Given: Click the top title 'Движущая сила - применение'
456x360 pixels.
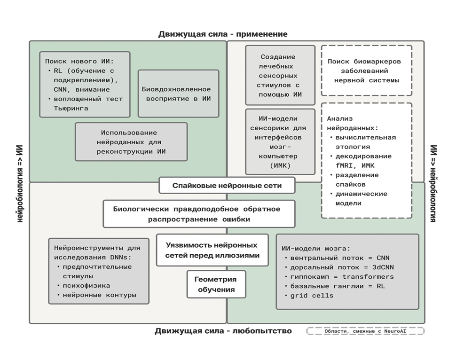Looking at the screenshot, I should click(x=222, y=34).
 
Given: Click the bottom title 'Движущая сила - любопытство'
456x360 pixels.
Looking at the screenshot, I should click(x=223, y=331).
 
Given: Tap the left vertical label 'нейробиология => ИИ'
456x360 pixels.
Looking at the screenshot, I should click(x=20, y=183).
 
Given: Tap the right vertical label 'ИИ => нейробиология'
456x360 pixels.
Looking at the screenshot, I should click(x=433, y=183).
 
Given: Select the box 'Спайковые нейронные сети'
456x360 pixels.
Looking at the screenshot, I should click(x=227, y=185).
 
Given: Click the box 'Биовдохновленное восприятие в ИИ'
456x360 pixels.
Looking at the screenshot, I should click(x=178, y=94).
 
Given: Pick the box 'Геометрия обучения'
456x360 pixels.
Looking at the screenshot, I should click(x=216, y=284).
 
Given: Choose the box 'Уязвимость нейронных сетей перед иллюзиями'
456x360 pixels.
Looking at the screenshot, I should click(x=212, y=250).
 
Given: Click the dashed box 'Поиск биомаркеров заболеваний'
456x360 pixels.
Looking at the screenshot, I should click(x=366, y=71).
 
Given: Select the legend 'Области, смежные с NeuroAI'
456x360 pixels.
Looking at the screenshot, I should click(x=365, y=331).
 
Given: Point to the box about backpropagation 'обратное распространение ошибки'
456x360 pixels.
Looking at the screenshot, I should click(x=199, y=214).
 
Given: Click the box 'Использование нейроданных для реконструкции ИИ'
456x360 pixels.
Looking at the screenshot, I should click(x=131, y=142).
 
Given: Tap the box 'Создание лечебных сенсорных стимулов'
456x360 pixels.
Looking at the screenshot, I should click(x=280, y=75).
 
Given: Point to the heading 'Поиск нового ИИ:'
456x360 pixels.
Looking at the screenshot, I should click(x=79, y=61).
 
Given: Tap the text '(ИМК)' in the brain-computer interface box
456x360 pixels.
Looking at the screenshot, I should click(x=280, y=165).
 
